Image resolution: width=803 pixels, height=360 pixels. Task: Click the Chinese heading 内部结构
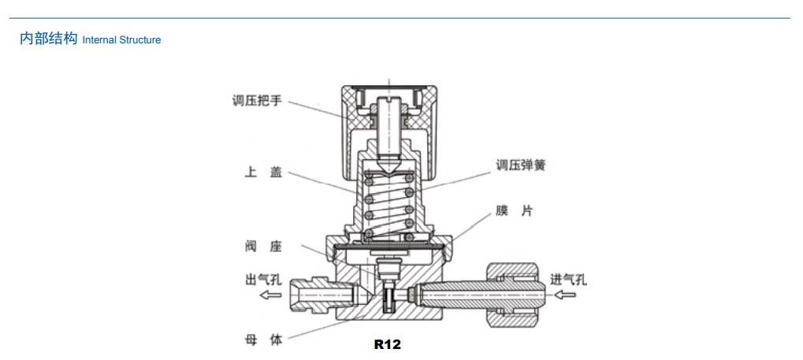click(48, 39)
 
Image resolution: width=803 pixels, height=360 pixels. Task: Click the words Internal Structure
click(121, 40)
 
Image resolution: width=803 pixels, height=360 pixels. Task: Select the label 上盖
click(262, 173)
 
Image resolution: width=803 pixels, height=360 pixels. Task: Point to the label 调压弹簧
click(521, 165)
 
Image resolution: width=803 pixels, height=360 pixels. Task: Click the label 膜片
click(515, 211)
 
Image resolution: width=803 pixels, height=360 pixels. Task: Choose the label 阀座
click(262, 247)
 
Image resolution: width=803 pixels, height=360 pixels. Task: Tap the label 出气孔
click(262, 279)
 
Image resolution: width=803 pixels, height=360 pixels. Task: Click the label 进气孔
click(567, 279)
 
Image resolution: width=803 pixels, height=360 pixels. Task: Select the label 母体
click(262, 340)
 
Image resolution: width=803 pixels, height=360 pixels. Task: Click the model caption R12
click(388, 344)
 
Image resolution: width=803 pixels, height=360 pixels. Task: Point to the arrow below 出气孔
click(270, 295)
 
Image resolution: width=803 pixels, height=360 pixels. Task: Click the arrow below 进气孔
click(565, 295)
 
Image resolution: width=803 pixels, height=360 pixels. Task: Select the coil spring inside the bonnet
click(389, 205)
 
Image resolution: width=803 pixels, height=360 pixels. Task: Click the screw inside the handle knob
click(389, 130)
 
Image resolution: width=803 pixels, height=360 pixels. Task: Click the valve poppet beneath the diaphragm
click(388, 272)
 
